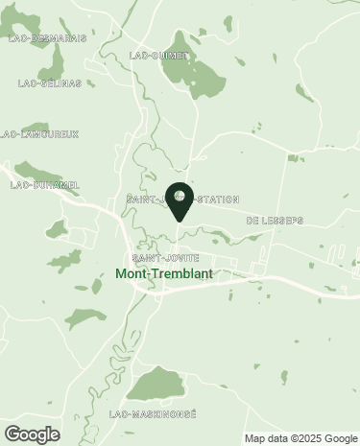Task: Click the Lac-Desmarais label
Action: pos(47,38)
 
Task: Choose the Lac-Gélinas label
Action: pos(42,83)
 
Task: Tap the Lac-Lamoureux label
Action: pos(40,133)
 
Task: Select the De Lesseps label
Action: pos(275,220)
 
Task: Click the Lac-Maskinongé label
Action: pos(153,413)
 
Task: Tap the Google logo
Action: pos(32,434)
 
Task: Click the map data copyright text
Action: pos(300,438)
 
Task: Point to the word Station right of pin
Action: pos(216,200)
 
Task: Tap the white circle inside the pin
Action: pos(180,196)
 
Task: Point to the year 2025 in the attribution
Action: pos(304,438)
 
